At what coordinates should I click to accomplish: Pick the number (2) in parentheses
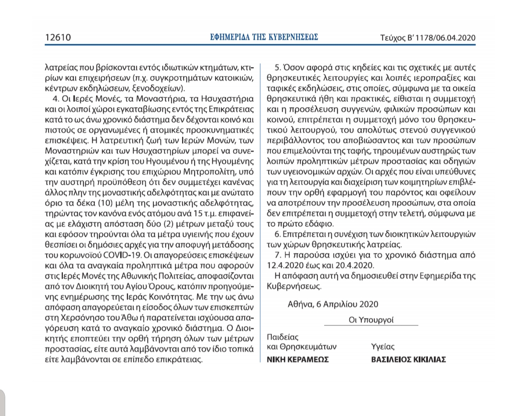coord(146,224)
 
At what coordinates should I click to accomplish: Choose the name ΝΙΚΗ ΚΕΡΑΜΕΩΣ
coord(297,360)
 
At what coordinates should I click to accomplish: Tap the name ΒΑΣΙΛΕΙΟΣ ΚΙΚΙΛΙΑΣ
coord(408,360)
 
